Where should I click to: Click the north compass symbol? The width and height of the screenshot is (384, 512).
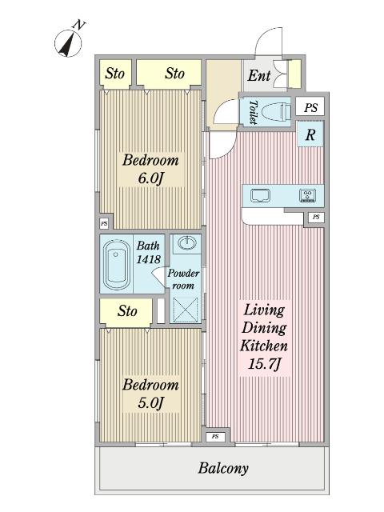point(68,42)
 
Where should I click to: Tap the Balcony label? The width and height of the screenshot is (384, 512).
point(223,468)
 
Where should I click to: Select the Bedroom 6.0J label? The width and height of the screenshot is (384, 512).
point(150,169)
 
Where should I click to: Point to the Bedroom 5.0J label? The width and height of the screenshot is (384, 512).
point(150,394)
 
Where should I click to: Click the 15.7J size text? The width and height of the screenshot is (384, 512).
point(264,363)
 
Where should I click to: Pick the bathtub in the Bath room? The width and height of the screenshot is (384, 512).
point(117,265)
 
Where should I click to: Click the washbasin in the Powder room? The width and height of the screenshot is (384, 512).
point(187,242)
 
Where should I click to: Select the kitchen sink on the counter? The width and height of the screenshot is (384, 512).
point(260,195)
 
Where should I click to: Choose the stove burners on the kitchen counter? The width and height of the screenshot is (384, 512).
point(307,195)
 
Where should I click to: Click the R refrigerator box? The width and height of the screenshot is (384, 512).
point(310,134)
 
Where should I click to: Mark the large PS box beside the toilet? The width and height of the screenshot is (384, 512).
point(310,106)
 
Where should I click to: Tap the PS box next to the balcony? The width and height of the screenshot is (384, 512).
point(215,436)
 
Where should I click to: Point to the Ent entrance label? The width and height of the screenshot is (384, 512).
point(259,76)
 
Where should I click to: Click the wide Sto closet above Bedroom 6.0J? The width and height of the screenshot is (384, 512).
point(169,73)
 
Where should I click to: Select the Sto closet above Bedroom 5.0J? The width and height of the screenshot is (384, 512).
point(126,311)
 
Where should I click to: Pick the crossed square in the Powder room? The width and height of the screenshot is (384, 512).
point(185,310)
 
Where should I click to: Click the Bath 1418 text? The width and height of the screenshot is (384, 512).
point(148,253)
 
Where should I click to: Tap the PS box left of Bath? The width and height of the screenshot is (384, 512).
point(104,224)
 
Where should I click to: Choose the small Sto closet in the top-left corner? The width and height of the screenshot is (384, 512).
point(115,73)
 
